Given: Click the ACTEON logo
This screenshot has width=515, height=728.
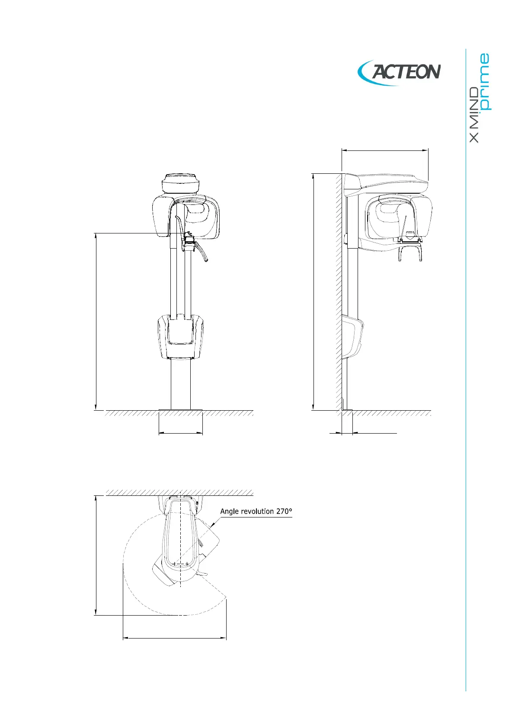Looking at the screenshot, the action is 399,72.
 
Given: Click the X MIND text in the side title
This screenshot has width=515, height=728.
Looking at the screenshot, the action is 474,115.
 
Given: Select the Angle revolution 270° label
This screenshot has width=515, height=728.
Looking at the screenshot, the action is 256,511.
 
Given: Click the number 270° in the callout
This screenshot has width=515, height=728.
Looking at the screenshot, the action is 284,511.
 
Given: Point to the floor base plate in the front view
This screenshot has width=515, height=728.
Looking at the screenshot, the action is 180,410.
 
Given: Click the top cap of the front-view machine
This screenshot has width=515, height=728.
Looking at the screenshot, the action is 180,183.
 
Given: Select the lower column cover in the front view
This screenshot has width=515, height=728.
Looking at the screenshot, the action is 180,336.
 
